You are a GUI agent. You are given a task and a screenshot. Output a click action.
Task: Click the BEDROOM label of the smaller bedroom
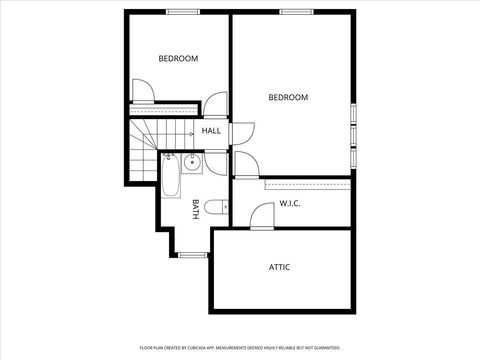point(178,58)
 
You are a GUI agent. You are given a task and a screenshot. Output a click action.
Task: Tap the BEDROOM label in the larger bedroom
point(288,97)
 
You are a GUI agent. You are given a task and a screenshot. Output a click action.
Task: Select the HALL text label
point(211,131)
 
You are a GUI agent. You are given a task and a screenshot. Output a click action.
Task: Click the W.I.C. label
point(290,204)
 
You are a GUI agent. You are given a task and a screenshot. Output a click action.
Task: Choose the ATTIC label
point(280,267)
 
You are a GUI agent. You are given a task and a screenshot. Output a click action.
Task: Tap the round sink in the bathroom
point(192,162)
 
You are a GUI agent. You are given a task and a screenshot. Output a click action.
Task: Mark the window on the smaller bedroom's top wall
point(181,11)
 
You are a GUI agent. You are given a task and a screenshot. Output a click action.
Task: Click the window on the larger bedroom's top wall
point(294,11)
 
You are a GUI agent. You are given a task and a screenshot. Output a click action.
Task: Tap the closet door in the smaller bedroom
point(143,92)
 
